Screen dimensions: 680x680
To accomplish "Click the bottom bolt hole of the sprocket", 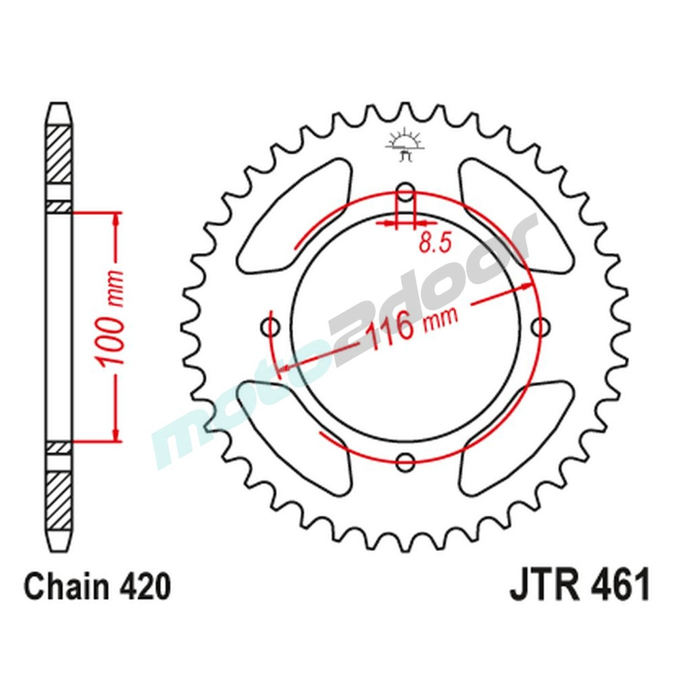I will tap(406, 462).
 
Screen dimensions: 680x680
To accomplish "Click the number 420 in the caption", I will tap(143, 586).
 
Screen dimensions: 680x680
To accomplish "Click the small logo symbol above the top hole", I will tap(405, 143).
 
